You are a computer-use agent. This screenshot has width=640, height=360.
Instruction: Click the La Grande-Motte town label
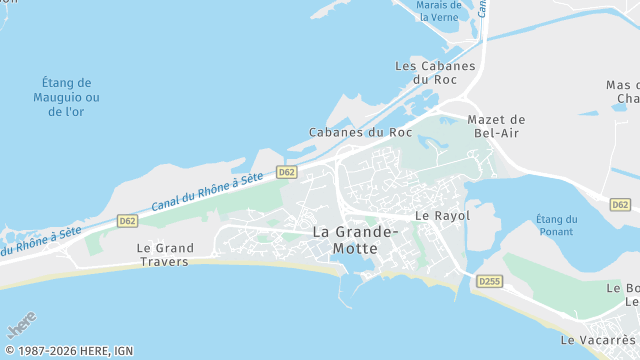point(355,240)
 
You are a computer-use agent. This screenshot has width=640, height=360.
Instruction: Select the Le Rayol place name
point(442,215)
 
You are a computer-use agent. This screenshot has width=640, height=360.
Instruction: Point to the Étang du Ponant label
point(556,226)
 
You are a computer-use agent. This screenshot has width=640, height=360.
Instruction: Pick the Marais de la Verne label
point(439,11)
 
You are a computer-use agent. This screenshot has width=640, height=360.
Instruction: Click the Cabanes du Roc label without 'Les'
point(360,132)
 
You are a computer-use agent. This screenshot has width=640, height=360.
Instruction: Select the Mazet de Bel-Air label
point(496,127)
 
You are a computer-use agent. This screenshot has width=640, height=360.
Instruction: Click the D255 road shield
point(489,282)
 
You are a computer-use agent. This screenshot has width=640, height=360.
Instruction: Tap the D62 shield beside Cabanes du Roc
point(287,172)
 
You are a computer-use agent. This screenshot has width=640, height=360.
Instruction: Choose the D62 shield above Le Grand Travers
point(127,220)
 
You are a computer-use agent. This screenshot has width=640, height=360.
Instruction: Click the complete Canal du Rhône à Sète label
point(207,191)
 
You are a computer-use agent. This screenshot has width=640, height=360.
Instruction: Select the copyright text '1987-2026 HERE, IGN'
point(75,350)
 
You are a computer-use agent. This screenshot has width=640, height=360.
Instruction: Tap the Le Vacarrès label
point(599,340)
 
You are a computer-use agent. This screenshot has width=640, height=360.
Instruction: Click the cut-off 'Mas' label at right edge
point(623,91)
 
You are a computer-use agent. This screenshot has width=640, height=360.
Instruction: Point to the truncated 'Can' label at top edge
point(481,8)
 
